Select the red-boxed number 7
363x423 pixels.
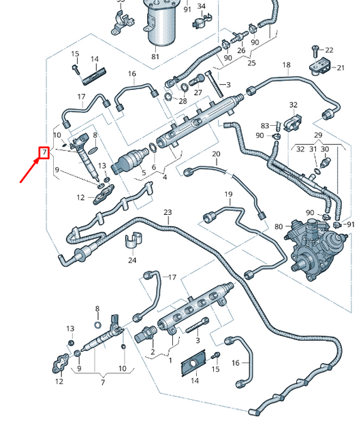pos(43,152)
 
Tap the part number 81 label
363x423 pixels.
pos(155,56)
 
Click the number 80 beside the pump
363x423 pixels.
pos(278,226)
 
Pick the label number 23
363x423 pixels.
pos(168,213)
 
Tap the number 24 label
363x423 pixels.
pos(132,260)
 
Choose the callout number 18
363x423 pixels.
pos(286,65)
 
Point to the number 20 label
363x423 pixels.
pos(216,154)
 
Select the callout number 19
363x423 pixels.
pos(228,194)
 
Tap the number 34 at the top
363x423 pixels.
pos(201,7)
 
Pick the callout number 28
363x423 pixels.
pos(183,101)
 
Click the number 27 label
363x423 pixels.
pos(198,92)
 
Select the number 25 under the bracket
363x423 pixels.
pos(251,63)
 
